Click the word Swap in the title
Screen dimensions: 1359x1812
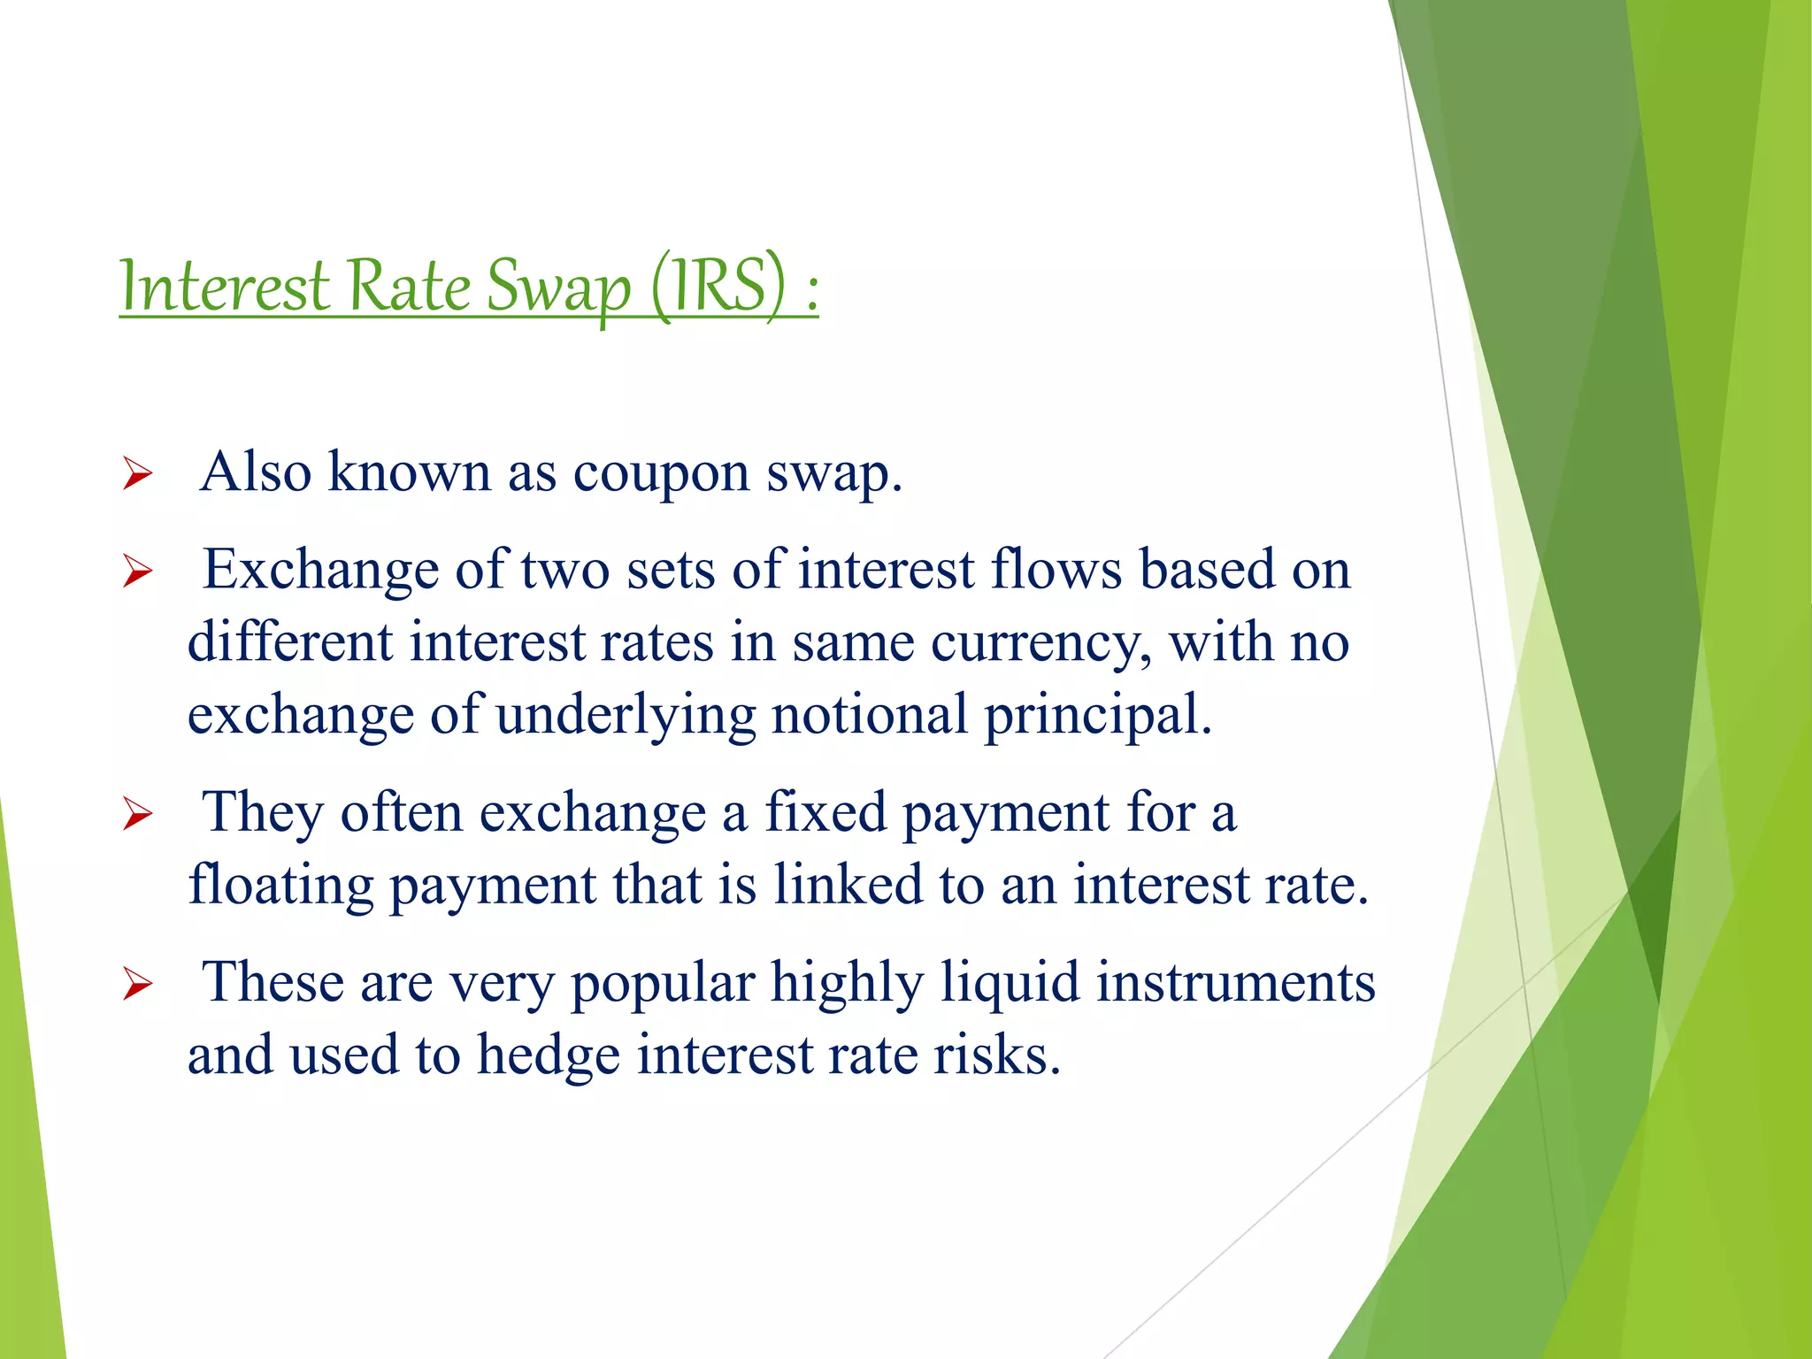point(559,288)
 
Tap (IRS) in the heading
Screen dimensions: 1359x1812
point(718,286)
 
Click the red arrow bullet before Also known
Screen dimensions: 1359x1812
point(138,474)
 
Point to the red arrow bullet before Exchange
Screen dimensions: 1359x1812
point(138,572)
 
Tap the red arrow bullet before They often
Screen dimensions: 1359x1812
point(138,814)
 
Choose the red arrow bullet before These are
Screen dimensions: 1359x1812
point(138,984)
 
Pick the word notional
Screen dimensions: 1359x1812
point(870,715)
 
